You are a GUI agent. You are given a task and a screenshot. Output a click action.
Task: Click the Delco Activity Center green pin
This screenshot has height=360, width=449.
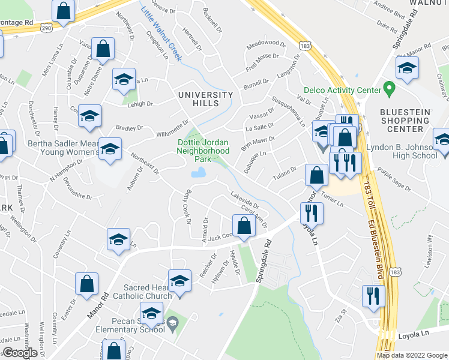[x=389, y=90]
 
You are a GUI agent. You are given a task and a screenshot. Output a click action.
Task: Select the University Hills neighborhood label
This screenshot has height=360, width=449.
[x=205, y=99]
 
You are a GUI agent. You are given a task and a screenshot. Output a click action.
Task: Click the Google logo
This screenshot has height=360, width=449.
[x=20, y=353]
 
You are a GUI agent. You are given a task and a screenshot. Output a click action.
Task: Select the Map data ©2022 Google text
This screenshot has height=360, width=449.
[x=412, y=355]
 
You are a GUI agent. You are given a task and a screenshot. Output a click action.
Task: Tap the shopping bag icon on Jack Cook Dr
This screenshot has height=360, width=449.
[x=244, y=226]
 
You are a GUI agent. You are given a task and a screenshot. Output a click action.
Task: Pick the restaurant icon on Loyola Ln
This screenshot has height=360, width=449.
[x=311, y=212]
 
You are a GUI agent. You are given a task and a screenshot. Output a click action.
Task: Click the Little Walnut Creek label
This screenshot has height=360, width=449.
[x=161, y=30]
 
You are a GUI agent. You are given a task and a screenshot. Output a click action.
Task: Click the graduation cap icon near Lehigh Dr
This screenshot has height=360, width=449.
[x=124, y=80]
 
